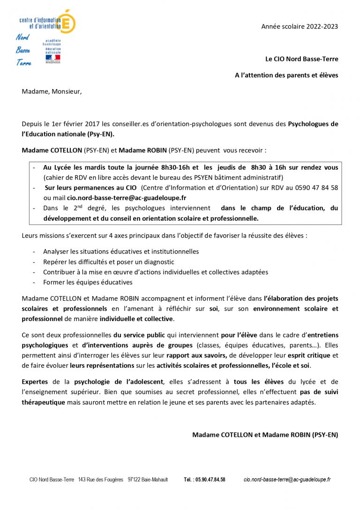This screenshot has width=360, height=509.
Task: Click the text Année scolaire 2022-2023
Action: (x=300, y=27)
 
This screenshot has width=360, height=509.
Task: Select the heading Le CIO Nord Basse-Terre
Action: (x=301, y=59)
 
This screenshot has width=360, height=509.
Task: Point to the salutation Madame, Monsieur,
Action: (x=52, y=91)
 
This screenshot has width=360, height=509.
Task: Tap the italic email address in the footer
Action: (x=287, y=479)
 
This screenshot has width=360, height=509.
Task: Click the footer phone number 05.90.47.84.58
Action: (x=204, y=479)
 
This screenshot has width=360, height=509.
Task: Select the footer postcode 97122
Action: (x=135, y=479)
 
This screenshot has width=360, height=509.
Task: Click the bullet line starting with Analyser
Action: (x=121, y=252)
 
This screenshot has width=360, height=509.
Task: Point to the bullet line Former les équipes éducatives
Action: (x=88, y=282)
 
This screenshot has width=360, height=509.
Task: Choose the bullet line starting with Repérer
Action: (x=108, y=262)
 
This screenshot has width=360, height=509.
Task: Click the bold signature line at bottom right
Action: (x=265, y=435)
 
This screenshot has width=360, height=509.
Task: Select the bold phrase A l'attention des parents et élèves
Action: (x=286, y=75)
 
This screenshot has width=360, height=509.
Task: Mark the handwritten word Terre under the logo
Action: (x=24, y=62)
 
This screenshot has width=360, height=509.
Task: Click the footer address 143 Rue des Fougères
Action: (x=101, y=479)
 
